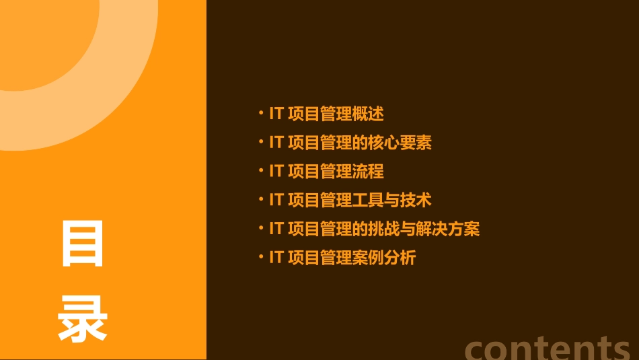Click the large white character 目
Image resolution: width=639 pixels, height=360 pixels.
(83, 243)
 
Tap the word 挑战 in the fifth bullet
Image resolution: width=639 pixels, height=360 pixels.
(384, 229)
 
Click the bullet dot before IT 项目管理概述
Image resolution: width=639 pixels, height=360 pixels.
(261, 113)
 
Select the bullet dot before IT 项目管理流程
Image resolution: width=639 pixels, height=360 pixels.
(261, 171)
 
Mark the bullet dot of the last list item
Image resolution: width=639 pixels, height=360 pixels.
(261, 257)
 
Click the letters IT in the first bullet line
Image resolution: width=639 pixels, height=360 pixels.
(276, 114)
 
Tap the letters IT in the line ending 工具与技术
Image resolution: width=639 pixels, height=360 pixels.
(276, 200)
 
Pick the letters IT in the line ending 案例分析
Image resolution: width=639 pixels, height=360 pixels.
(276, 258)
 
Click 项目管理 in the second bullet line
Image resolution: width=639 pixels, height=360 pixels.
(319, 143)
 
